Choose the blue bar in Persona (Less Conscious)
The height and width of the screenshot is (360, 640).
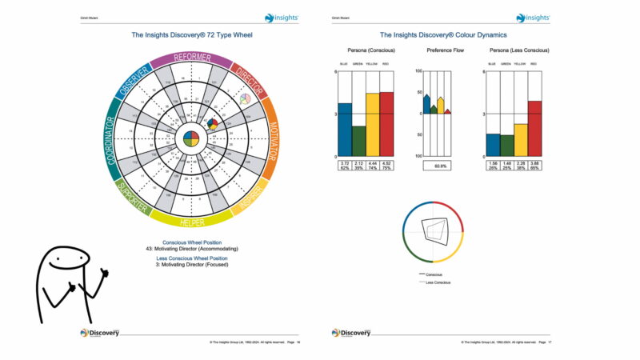click(493, 144)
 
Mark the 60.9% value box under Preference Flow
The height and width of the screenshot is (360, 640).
click(440, 166)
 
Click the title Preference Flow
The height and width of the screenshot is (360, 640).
click(440, 50)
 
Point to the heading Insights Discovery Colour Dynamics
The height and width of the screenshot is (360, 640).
click(442, 35)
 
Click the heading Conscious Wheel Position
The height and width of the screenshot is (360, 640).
click(192, 242)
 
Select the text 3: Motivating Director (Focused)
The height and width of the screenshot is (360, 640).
click(192, 265)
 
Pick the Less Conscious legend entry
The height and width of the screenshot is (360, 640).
click(439, 282)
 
